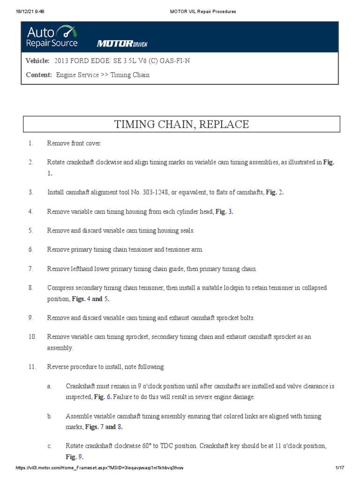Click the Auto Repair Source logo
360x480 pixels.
click(x=52, y=37)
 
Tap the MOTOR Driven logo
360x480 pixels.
click(x=122, y=44)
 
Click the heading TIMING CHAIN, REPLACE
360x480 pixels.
click(x=181, y=124)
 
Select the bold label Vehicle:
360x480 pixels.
click(x=38, y=61)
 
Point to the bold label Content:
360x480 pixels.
click(x=39, y=75)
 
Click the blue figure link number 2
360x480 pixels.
click(x=281, y=192)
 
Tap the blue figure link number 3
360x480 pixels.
click(x=230, y=211)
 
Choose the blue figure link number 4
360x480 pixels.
click(x=89, y=299)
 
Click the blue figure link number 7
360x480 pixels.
click(x=102, y=427)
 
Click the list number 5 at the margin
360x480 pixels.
click(x=30, y=231)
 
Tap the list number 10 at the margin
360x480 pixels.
click(x=32, y=337)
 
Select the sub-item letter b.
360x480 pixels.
click(x=49, y=416)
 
